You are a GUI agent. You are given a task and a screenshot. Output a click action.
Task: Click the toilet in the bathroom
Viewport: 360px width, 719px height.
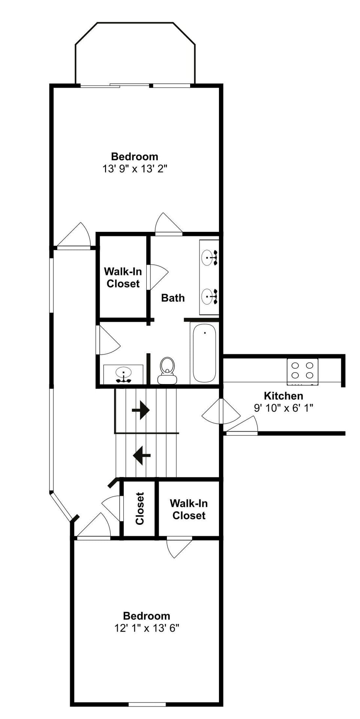(x=167, y=371)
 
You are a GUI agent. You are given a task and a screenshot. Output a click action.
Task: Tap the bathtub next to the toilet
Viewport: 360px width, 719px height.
(x=204, y=353)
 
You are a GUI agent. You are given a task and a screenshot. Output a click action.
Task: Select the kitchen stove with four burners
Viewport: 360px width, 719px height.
(x=302, y=371)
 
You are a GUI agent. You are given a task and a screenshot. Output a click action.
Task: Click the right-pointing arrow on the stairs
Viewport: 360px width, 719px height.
(x=141, y=410)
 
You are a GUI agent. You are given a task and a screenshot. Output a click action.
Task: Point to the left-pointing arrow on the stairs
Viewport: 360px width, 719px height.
(x=142, y=456)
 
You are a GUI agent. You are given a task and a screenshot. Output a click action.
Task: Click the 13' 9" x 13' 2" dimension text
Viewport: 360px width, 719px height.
(x=135, y=169)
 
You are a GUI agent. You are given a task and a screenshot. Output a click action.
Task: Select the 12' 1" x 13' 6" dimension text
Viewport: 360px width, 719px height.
(x=147, y=628)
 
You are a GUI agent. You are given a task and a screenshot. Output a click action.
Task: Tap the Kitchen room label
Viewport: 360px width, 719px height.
(x=283, y=396)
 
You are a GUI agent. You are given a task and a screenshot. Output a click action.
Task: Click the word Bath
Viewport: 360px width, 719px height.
(x=173, y=298)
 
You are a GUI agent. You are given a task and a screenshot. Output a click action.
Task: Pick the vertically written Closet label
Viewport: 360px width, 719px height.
(x=140, y=509)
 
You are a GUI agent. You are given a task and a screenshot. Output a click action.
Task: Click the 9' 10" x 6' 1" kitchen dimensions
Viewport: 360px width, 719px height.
(x=283, y=408)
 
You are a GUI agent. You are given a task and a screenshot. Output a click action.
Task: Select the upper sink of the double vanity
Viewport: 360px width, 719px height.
(x=209, y=257)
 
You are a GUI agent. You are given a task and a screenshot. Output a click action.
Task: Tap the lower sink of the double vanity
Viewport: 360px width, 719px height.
(x=209, y=297)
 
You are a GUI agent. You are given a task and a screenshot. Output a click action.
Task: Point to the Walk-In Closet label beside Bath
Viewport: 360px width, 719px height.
(x=123, y=278)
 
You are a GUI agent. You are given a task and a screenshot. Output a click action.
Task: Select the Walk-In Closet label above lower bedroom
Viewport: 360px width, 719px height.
(x=189, y=509)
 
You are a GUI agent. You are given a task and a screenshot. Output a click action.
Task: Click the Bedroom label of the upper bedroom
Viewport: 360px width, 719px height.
(x=135, y=156)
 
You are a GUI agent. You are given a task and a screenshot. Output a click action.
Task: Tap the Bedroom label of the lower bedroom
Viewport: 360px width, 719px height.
(x=147, y=615)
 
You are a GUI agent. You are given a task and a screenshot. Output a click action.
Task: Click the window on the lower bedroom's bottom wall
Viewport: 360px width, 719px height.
(x=147, y=704)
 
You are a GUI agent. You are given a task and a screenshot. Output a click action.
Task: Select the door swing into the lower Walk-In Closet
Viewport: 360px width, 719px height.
(x=179, y=547)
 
